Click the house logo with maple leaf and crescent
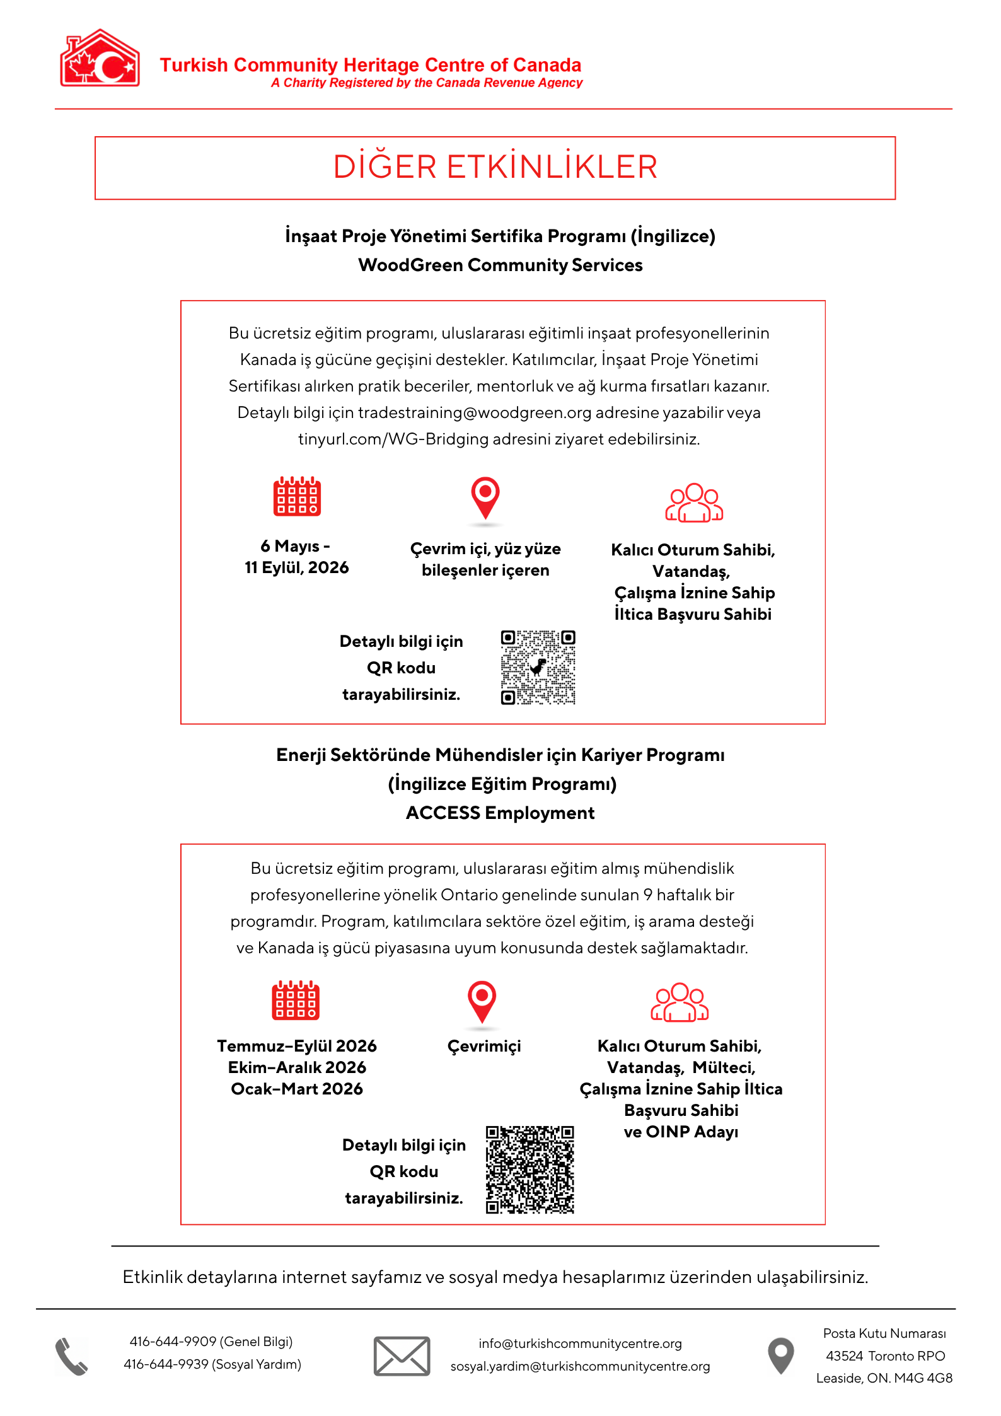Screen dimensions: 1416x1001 point(100,59)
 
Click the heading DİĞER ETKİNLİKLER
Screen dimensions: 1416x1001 point(495,167)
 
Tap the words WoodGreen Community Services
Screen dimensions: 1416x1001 point(500,265)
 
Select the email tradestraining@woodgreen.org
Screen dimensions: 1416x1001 point(475,413)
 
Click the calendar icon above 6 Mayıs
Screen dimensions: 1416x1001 point(297,497)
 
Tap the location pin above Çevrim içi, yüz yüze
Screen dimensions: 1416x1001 point(485,499)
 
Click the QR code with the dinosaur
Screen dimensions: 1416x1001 point(538,667)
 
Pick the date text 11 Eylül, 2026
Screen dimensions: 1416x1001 point(297,568)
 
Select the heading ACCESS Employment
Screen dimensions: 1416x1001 point(500,813)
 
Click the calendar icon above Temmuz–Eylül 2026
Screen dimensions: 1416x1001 point(296,1001)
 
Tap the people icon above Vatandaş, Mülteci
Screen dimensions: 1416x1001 point(680,1002)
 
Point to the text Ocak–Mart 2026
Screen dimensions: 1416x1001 point(297,1089)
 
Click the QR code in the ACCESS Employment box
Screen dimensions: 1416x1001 point(529,1169)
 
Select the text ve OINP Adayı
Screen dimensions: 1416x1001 point(681,1132)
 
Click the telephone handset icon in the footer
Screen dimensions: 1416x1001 point(71,1357)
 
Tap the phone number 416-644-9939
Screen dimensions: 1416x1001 point(166,1365)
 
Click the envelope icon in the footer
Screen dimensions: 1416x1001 point(402,1356)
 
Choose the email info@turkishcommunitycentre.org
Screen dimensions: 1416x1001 point(580,1344)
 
